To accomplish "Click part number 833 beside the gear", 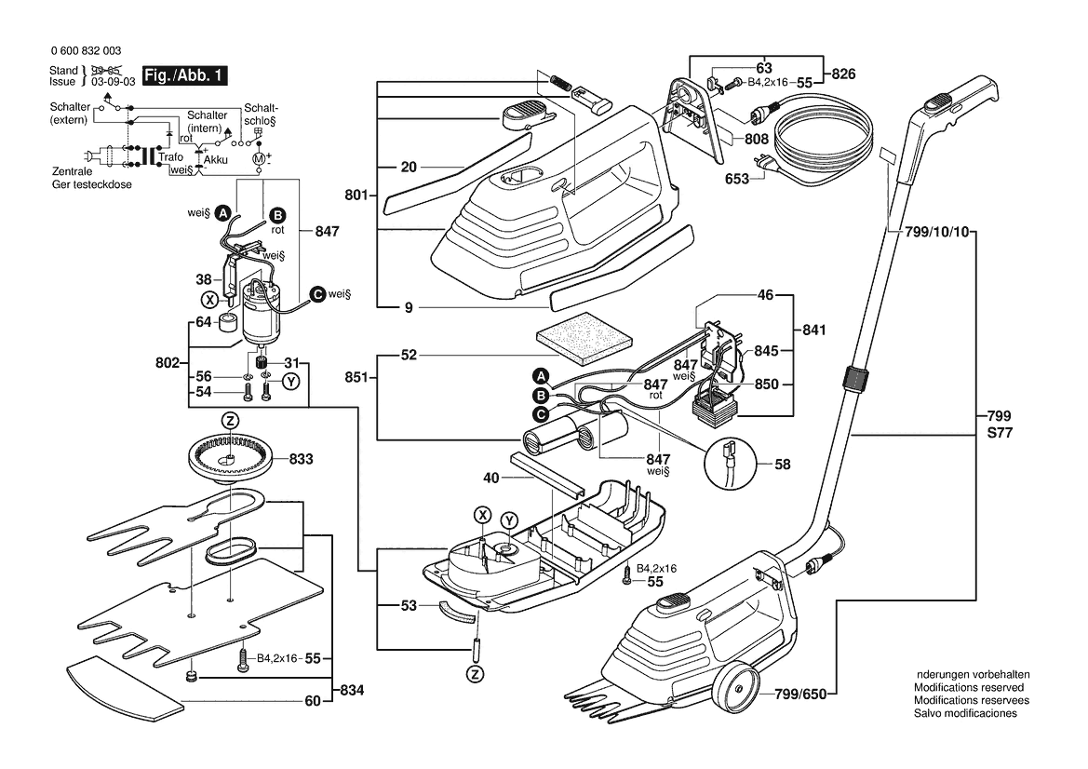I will (301, 459).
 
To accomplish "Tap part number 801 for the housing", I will (356, 196).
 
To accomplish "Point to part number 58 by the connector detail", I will (782, 463).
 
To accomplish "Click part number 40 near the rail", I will (491, 478).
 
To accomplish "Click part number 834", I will (352, 691).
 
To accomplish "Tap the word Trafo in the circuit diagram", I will (170, 157).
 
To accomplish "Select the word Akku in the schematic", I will (215, 159).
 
